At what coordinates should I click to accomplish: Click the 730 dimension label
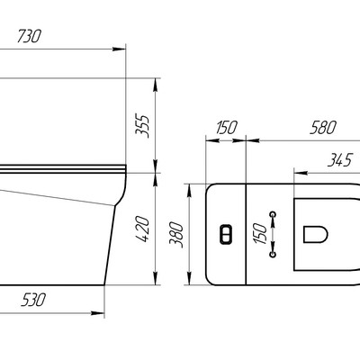pyautogui.click(x=29, y=36)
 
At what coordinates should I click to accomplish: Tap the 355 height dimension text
pyautogui.click(x=142, y=126)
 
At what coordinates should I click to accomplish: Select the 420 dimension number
pyautogui.click(x=142, y=229)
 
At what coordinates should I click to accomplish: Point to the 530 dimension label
pyautogui.click(x=33, y=300)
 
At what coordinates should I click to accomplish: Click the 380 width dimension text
pyautogui.click(x=176, y=235)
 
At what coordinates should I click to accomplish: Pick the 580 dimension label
pyautogui.click(x=323, y=128)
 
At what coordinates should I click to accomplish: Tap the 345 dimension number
pyautogui.click(x=339, y=160)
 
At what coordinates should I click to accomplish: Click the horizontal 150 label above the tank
pyautogui.click(x=227, y=128)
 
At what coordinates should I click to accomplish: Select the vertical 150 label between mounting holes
pyautogui.click(x=260, y=234)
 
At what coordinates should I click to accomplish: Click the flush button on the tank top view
pyautogui.click(x=226, y=234)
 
